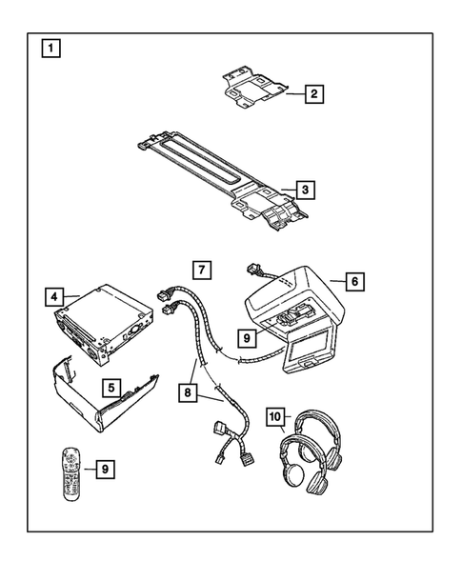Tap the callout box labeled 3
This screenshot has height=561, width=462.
coord(303,190)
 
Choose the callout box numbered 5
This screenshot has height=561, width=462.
coord(111,389)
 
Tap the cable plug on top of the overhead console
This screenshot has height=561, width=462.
coord(255,269)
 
